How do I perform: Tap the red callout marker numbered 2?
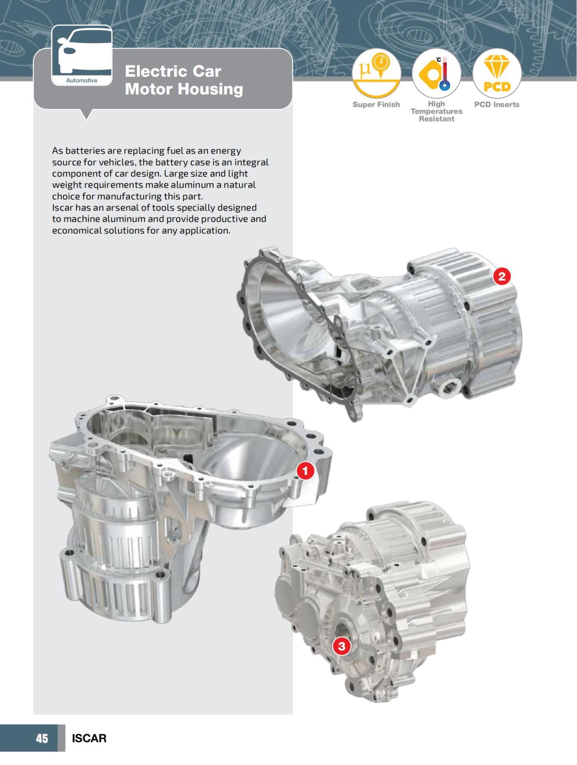coord(502,276)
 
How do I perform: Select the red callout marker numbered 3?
coord(341,646)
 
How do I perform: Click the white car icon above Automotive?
coord(81,51)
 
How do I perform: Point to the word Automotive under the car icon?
coord(81,80)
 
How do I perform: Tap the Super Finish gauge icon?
coord(376,73)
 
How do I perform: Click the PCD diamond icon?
coord(497,73)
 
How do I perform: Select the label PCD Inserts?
coord(497,104)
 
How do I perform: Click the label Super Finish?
coord(376,104)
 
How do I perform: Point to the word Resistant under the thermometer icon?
coord(436,119)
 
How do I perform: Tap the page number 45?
coord(42,738)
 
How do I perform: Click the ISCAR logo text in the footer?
coord(89,738)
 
